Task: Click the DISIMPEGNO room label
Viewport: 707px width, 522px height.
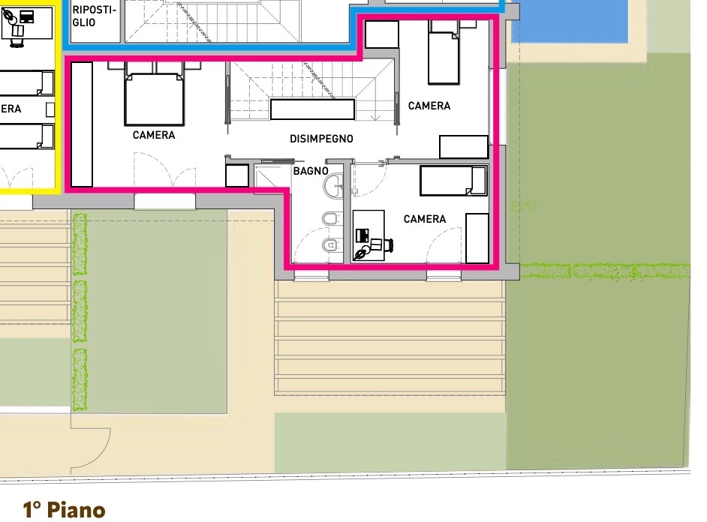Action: coord(321,139)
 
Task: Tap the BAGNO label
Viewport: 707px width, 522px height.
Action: coord(311,171)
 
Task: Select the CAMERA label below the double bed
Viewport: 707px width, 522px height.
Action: coord(154,135)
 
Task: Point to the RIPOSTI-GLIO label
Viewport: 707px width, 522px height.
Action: coord(95,16)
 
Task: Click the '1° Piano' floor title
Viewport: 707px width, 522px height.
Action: coord(64,510)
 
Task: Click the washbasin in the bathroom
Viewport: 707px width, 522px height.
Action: coord(334,186)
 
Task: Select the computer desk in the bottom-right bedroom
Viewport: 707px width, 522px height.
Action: coord(368,235)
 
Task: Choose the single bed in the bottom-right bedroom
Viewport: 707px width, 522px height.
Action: coord(453,180)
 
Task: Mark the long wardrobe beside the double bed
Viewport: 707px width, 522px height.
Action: coord(82,124)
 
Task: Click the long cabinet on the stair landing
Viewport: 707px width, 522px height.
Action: coord(312,109)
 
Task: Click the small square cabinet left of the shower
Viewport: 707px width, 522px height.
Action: coord(237,175)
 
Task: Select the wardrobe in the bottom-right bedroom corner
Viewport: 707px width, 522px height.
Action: coord(477,238)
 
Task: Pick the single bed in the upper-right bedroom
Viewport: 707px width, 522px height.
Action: coord(444,52)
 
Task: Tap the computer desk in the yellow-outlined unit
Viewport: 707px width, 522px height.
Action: coord(27,22)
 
